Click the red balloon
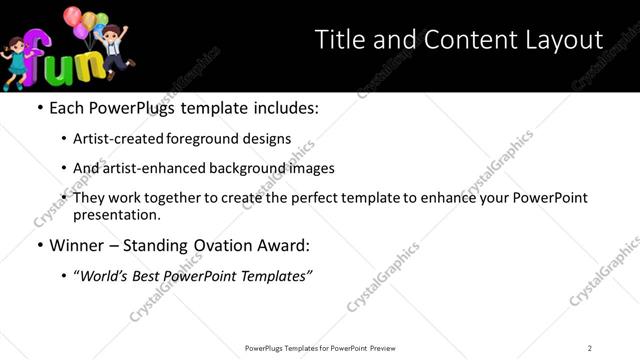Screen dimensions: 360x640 point(73,16)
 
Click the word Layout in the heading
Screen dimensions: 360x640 point(564,40)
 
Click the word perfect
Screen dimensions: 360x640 point(336,198)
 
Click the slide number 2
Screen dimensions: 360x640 point(590,348)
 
